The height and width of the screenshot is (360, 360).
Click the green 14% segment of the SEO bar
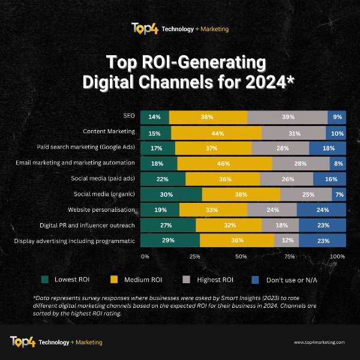click(x=155, y=118)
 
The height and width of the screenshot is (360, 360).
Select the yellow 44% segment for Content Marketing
click(x=216, y=133)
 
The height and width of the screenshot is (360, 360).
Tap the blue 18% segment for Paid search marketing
click(x=328, y=148)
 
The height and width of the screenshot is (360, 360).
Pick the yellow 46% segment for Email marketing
click(x=224, y=163)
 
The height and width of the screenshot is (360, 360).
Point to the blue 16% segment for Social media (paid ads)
click(x=329, y=179)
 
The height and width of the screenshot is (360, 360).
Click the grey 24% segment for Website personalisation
click(x=271, y=210)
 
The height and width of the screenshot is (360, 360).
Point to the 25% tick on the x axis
click(x=194, y=257)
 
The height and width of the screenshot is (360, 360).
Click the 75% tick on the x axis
click(x=290, y=257)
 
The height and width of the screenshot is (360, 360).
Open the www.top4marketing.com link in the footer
click(x=319, y=342)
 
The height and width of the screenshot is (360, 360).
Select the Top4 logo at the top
click(x=145, y=29)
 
